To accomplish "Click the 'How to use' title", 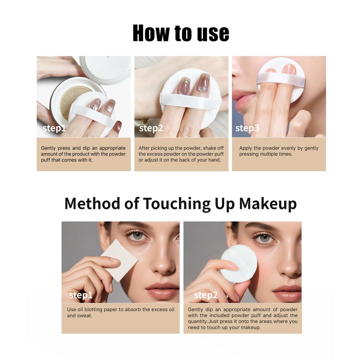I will pyautogui.click(x=181, y=33).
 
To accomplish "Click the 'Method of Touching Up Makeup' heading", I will pyautogui.click(x=180, y=204).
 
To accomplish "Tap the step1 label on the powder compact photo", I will pyautogui.click(x=54, y=128).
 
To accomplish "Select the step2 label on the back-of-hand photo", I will pyautogui.click(x=151, y=128).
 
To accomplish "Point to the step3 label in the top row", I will pyautogui.click(x=247, y=128).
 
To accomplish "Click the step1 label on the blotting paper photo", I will pyautogui.click(x=81, y=295).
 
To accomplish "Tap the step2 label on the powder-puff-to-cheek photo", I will pyautogui.click(x=206, y=295).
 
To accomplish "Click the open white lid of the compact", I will pyautogui.click(x=105, y=69).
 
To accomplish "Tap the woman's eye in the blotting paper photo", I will pyautogui.click(x=137, y=236).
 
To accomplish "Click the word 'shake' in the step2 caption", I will pyautogui.click(x=209, y=148).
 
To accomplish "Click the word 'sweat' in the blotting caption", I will pyautogui.click(x=84, y=316).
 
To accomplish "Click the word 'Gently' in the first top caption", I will pyautogui.click(x=49, y=148).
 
